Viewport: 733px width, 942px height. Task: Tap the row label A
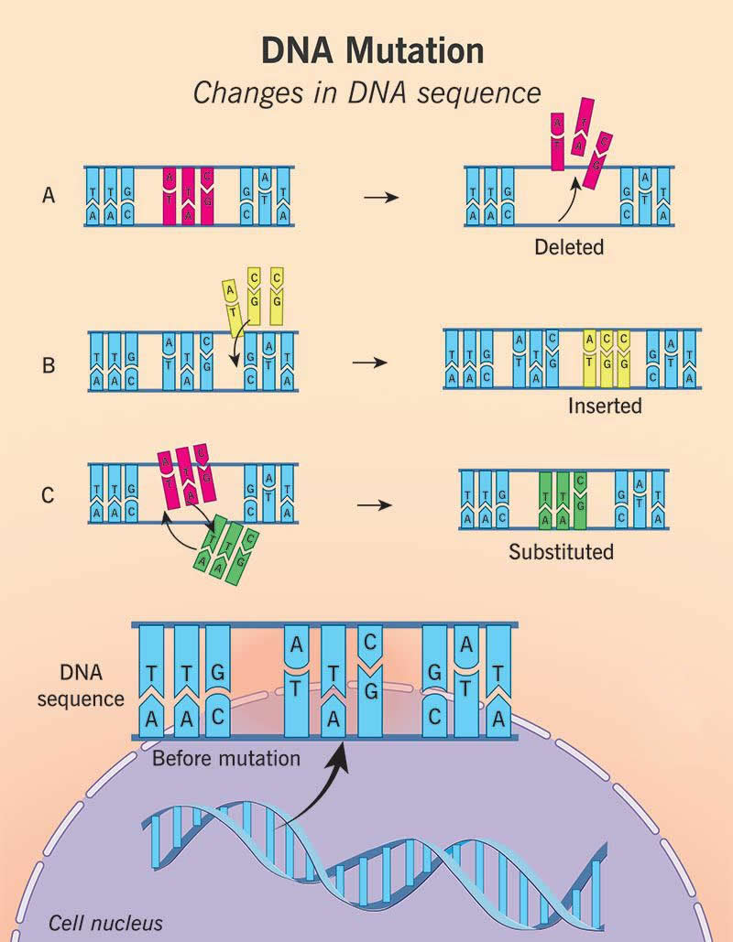[48, 195]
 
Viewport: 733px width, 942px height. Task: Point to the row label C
[49, 495]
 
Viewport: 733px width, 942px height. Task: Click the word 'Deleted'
[572, 246]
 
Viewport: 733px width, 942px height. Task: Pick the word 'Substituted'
[562, 552]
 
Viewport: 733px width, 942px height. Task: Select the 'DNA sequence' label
[88, 687]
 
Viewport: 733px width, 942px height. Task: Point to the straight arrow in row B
[368, 363]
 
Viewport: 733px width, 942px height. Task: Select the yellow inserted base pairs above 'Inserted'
[606, 361]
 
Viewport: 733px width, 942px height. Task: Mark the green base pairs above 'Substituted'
[563, 500]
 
